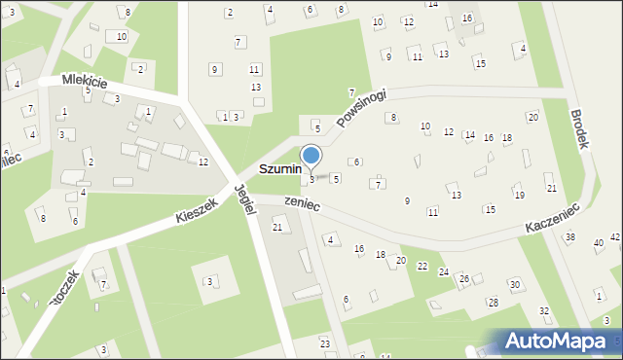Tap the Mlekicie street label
click(x=85, y=81)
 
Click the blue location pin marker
click(x=311, y=157)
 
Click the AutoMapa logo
click(x=560, y=342)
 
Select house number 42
click(x=615, y=237)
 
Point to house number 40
click(x=598, y=243)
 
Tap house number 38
click(x=570, y=237)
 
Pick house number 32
click(x=544, y=311)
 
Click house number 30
click(x=514, y=284)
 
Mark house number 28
click(x=494, y=303)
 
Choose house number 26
click(x=464, y=279)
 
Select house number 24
click(x=443, y=272)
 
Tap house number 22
click(x=422, y=266)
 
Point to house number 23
click(x=324, y=343)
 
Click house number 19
click(x=519, y=196)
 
